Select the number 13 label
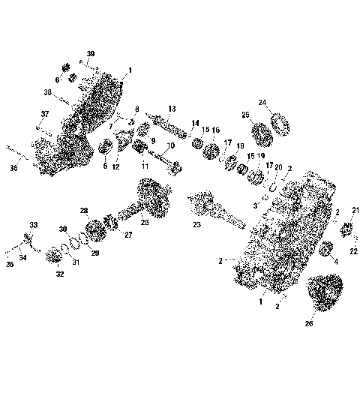tap(172, 108)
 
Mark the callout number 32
tap(59, 274)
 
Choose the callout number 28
tap(84, 211)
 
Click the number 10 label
tap(171, 145)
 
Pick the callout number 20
tap(278, 167)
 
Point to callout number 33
tap(33, 224)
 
